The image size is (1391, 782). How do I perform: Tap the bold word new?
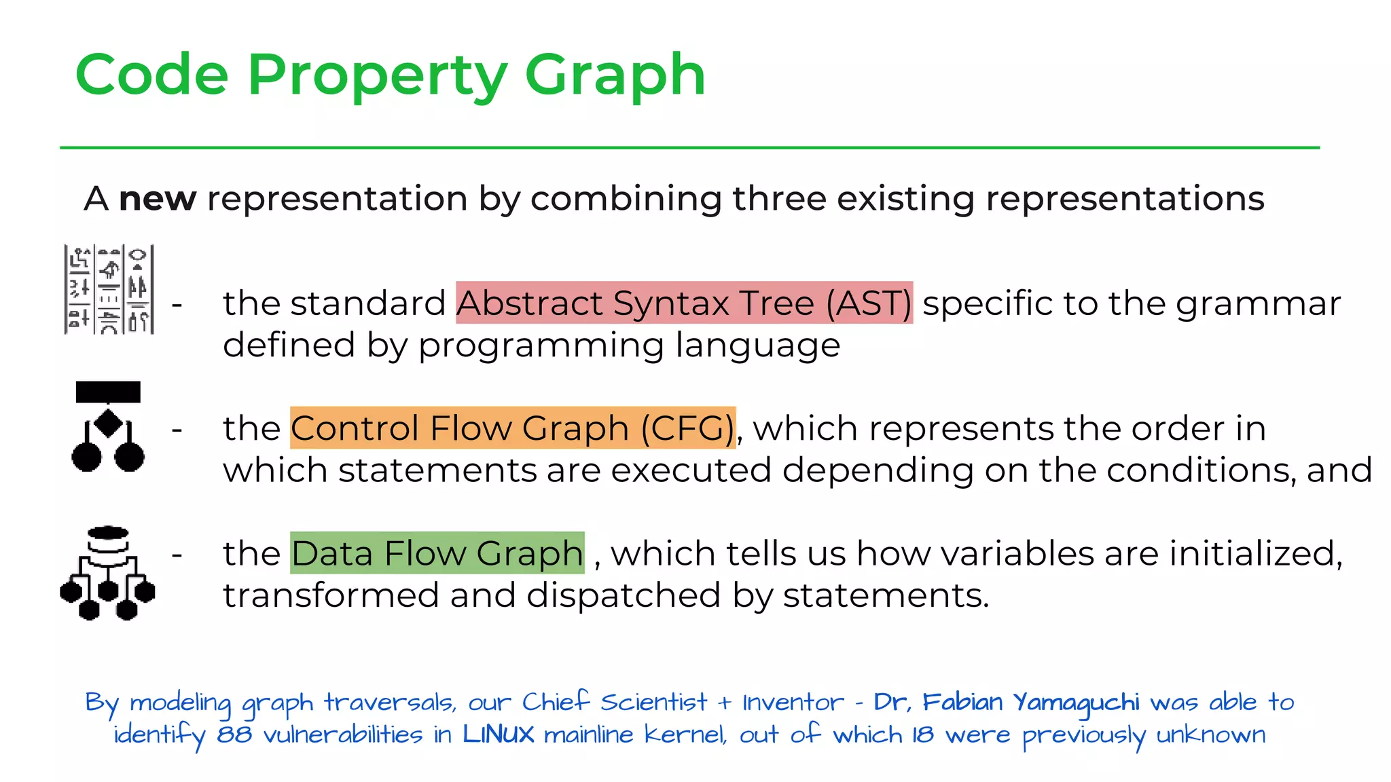click(158, 199)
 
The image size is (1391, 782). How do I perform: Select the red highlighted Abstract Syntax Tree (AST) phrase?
click(684, 303)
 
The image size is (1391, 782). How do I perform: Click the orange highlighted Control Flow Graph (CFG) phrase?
click(513, 428)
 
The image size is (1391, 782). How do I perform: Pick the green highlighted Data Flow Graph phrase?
click(437, 553)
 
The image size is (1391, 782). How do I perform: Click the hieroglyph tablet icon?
click(109, 290)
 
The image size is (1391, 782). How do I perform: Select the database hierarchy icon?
click(107, 574)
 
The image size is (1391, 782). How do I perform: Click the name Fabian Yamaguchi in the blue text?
click(1030, 702)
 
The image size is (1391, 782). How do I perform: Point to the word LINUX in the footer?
click(498, 734)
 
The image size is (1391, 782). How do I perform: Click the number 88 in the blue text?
click(234, 734)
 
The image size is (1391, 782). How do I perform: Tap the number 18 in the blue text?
click(922, 734)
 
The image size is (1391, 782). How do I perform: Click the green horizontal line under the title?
click(689, 147)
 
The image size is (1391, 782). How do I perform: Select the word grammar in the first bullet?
click(1258, 304)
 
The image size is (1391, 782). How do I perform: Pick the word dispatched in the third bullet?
click(623, 595)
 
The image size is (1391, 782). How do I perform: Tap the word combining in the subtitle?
click(626, 199)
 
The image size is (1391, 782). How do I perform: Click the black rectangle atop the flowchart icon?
click(108, 392)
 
